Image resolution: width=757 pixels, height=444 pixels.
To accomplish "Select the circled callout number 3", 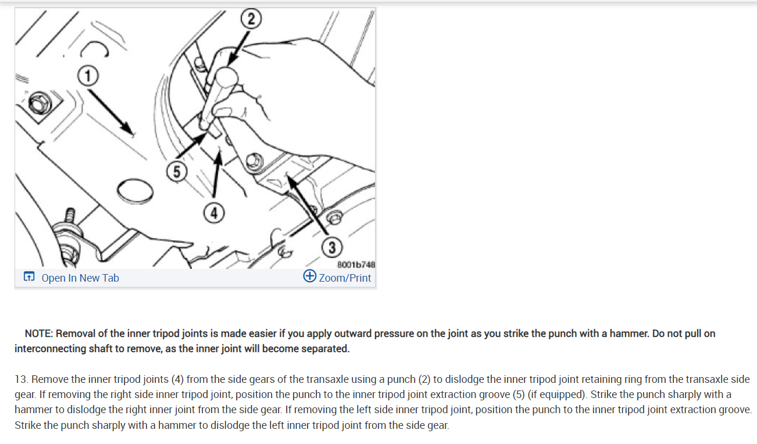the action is click(331, 247).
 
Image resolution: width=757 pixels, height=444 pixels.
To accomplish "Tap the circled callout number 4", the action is click(215, 214).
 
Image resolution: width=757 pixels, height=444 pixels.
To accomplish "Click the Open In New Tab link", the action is click(80, 278).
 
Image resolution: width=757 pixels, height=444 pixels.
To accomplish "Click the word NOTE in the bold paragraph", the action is click(38, 333).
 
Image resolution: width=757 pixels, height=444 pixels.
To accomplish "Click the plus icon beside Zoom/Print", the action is click(310, 277).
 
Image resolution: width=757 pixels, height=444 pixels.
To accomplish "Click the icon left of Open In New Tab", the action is click(28, 278).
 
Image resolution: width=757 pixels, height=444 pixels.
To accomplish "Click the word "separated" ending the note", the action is click(327, 349).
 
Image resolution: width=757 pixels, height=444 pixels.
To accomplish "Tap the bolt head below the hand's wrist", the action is click(253, 161).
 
